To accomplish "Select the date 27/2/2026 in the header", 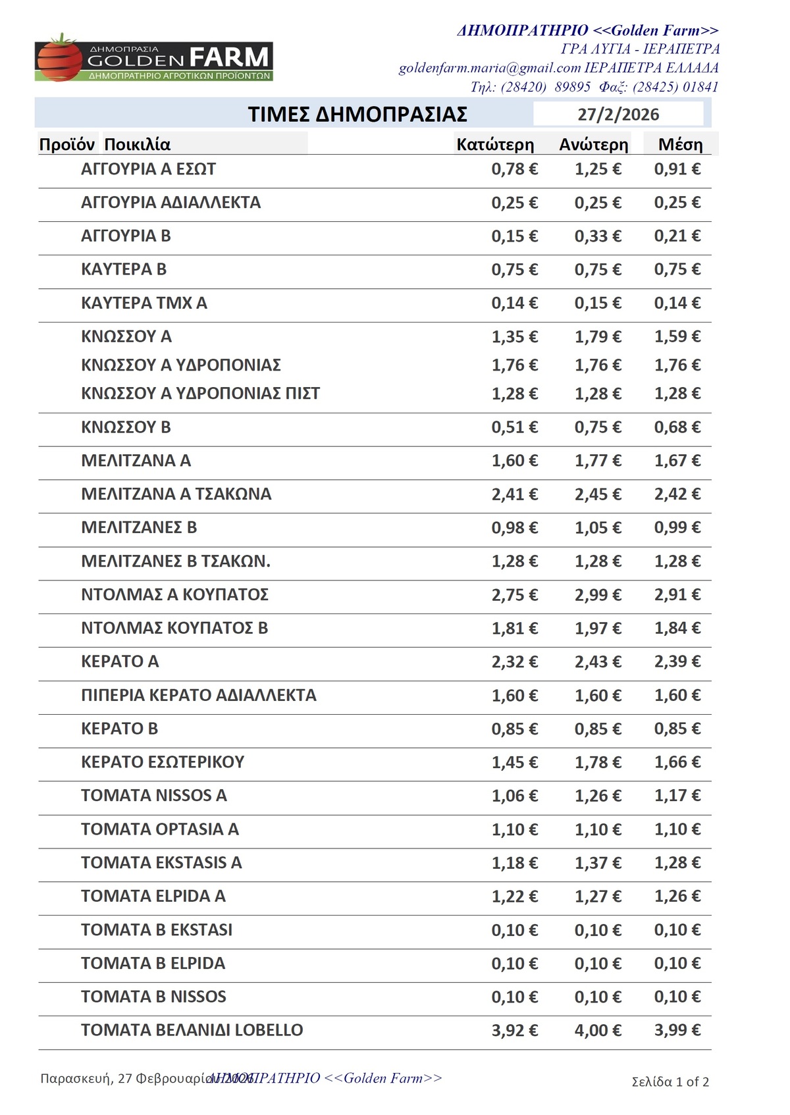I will (x=618, y=115).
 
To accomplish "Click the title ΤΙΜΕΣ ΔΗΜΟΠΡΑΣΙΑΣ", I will (x=357, y=115).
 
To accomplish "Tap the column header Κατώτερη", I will (x=495, y=145).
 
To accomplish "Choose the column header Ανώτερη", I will (x=594, y=145).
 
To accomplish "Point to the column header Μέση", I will (x=680, y=145).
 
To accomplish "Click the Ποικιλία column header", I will (x=137, y=145).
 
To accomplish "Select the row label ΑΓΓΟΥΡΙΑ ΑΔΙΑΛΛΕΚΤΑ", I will (x=171, y=203).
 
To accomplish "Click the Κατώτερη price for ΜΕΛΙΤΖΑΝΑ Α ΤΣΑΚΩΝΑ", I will (x=514, y=494).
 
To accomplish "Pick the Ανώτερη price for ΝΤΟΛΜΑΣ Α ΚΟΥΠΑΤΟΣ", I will (x=598, y=595).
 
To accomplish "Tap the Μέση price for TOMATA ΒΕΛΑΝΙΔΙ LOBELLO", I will (x=677, y=1030).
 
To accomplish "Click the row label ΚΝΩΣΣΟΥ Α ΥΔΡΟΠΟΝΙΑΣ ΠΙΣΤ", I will (x=200, y=394).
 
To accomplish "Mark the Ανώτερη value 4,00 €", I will (x=598, y=1030).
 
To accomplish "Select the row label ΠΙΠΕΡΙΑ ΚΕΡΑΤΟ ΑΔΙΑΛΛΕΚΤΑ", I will (x=198, y=696).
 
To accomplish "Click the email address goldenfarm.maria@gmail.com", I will (x=490, y=68).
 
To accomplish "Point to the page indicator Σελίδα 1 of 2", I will (x=670, y=1082).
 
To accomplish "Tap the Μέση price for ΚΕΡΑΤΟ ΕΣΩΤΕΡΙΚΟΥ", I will (x=677, y=762).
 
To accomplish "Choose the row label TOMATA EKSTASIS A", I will (x=161, y=863).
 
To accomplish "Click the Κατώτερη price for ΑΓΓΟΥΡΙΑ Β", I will (x=514, y=236).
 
